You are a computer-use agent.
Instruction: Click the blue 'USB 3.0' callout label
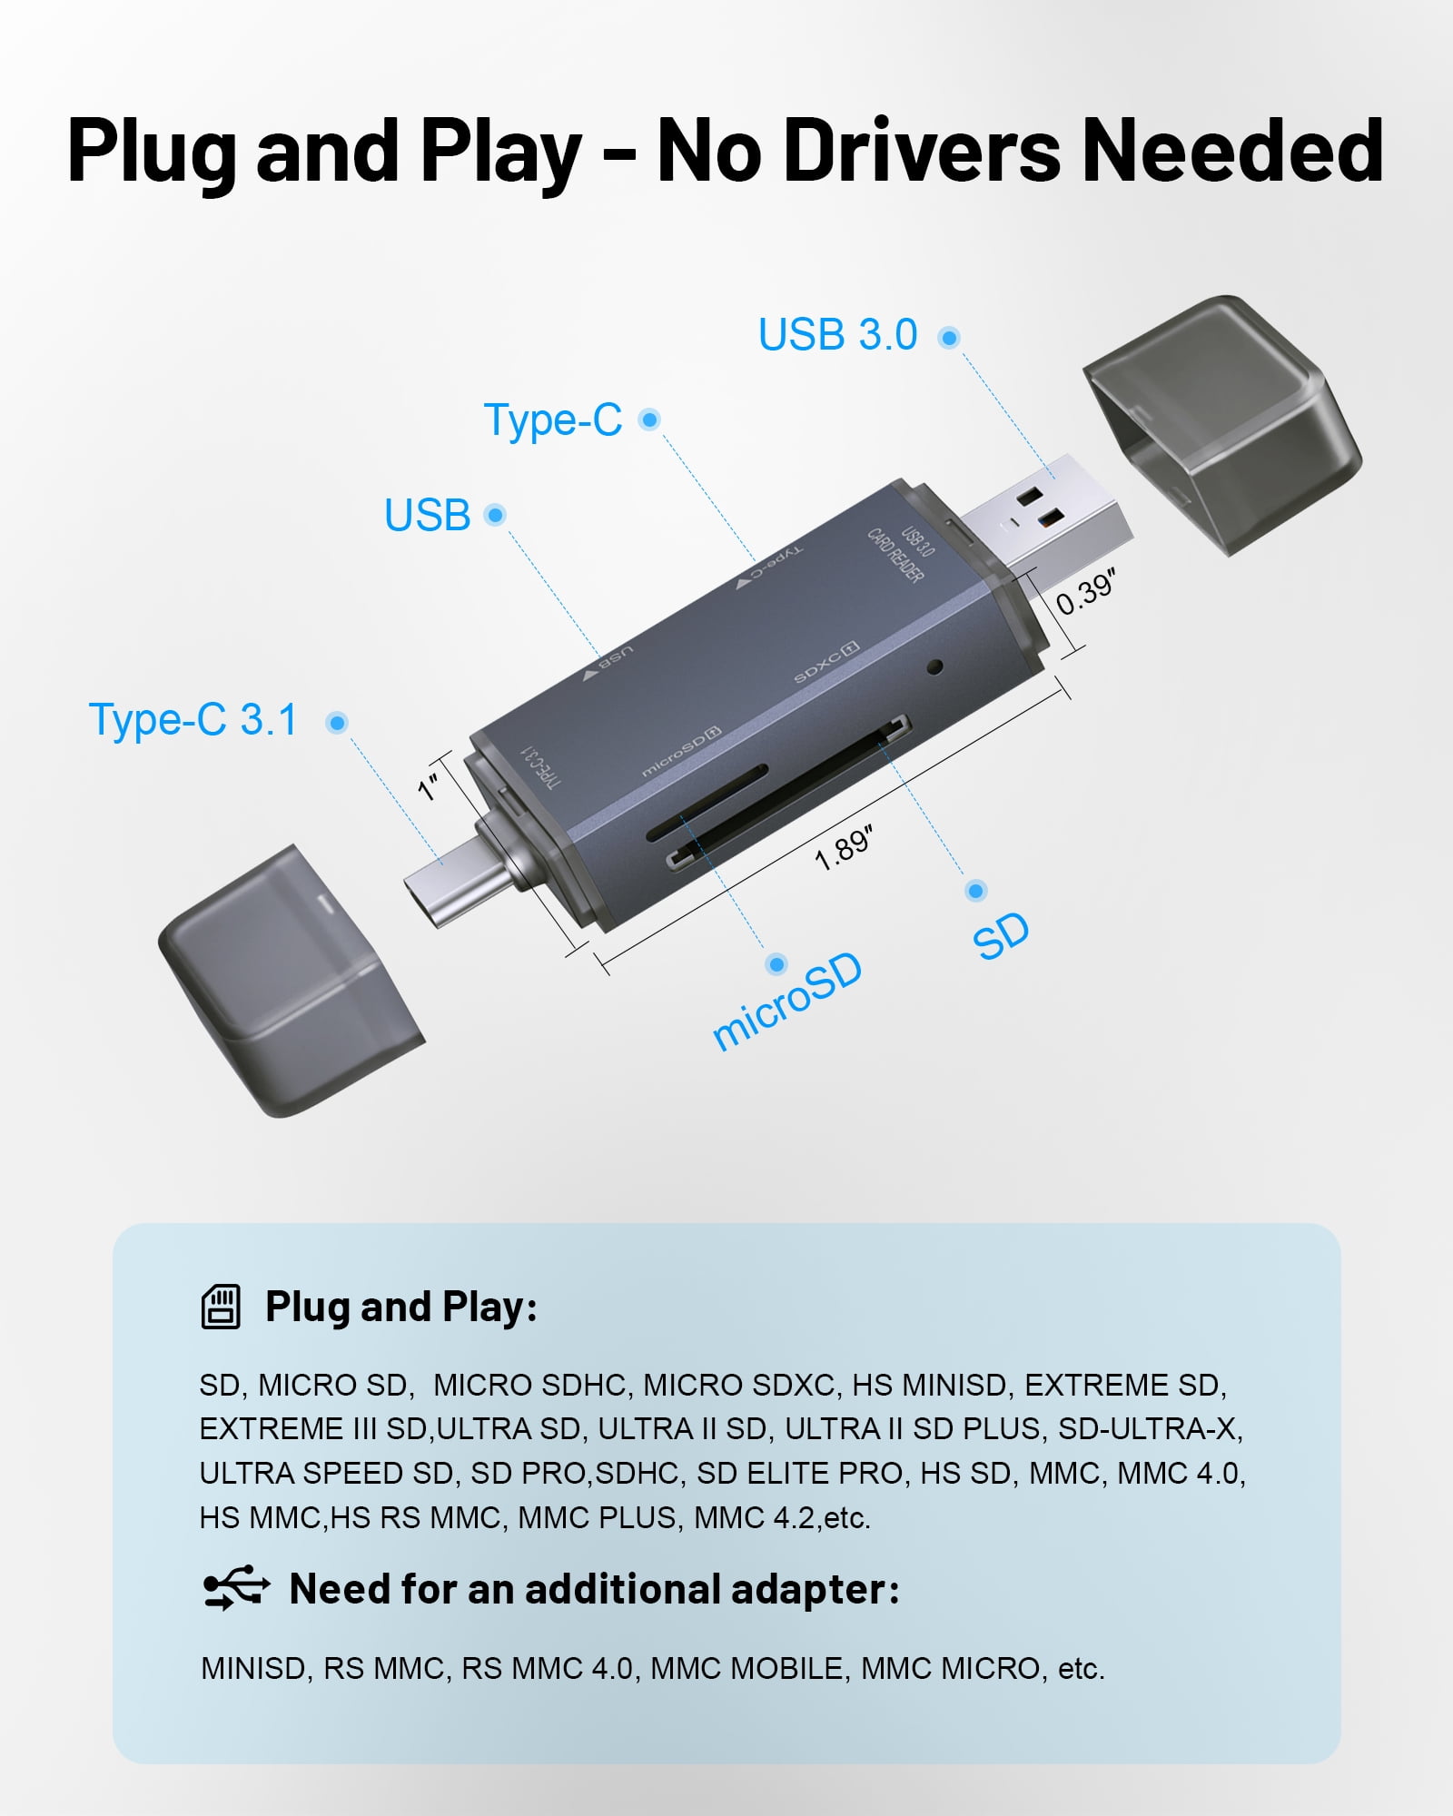pos(837,334)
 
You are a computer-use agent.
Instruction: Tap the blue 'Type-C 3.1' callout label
pos(193,720)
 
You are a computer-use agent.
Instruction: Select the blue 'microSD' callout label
pos(787,1002)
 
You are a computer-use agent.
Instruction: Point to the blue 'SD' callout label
pos(1001,935)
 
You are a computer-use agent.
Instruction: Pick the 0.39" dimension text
pos(1085,591)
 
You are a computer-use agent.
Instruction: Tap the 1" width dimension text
pos(429,786)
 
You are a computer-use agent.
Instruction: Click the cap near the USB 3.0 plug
pos(1221,423)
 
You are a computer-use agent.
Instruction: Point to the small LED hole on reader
pos(935,666)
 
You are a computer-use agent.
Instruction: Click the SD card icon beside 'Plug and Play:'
pos(221,1308)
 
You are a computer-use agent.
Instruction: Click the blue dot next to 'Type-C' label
pos(649,419)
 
